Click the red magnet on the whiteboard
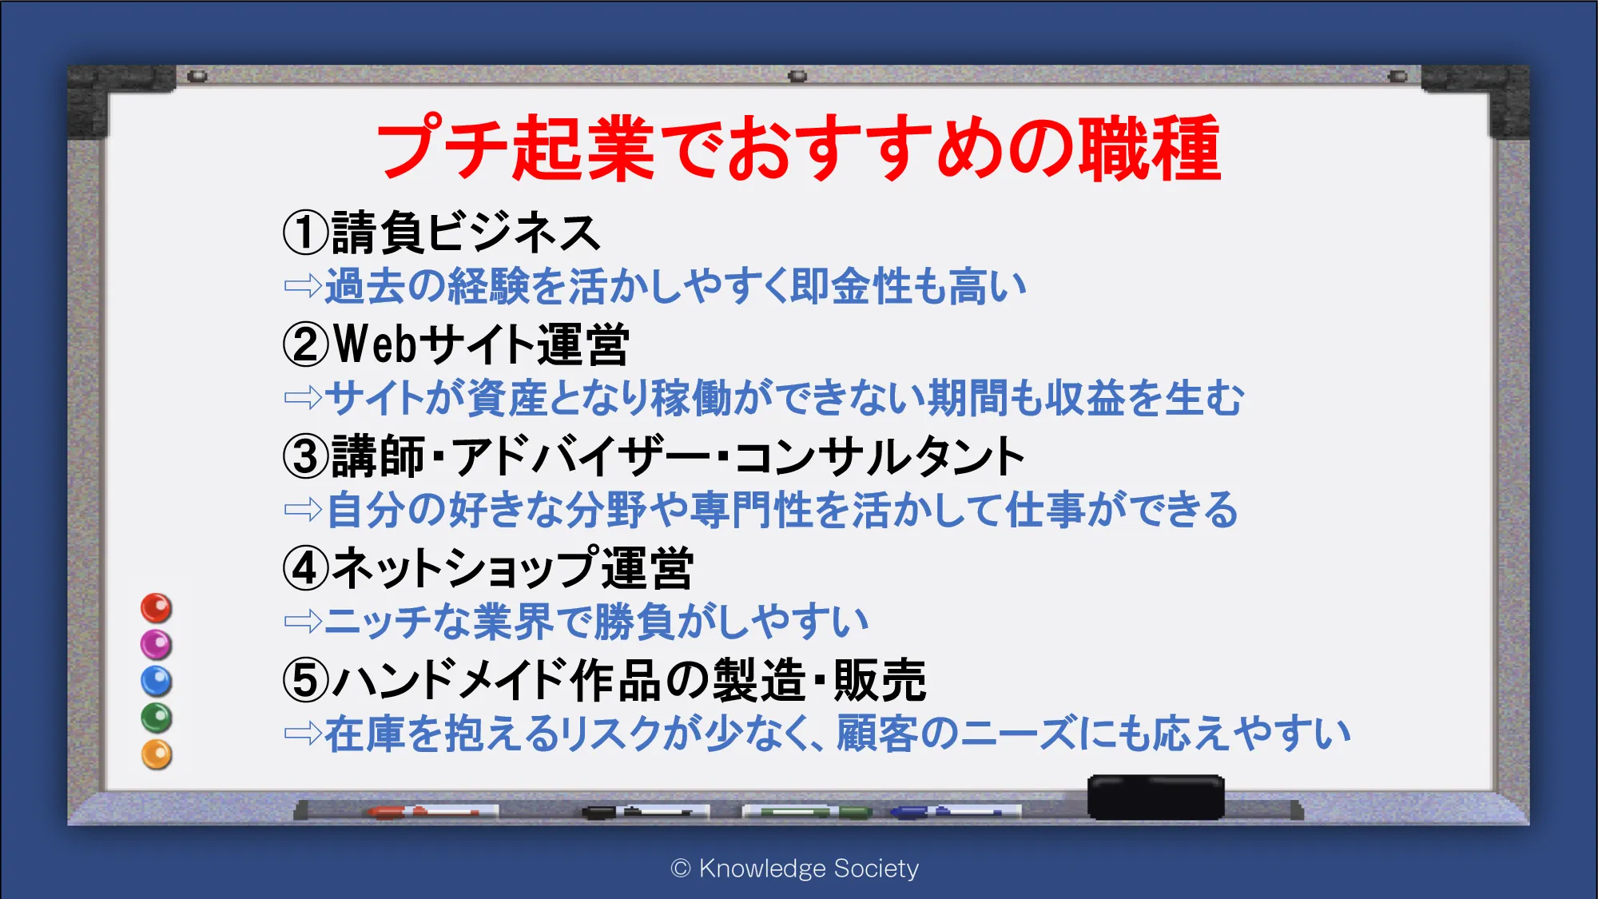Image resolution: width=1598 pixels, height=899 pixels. tap(157, 608)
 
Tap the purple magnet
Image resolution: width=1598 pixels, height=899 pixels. tap(157, 645)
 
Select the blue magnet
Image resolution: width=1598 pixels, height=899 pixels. tap(157, 682)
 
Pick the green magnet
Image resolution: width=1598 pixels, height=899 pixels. tap(157, 718)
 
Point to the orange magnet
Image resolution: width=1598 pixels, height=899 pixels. tap(157, 754)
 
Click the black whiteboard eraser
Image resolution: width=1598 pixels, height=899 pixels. tap(1155, 797)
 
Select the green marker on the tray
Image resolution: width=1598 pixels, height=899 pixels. tap(807, 812)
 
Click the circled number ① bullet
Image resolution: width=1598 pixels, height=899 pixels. tap(305, 233)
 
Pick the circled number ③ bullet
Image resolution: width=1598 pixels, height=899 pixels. tap(305, 456)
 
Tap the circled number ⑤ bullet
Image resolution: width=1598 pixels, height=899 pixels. tap(305, 680)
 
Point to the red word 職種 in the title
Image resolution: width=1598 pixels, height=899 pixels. tap(1151, 148)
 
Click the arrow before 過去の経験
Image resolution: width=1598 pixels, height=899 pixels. tap(303, 285)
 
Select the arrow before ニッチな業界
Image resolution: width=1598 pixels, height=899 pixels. tap(303, 621)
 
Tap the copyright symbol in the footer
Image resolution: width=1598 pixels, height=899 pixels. tap(681, 869)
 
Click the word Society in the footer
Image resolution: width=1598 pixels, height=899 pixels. tap(876, 869)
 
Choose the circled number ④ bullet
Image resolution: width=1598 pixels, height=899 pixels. tap(305, 568)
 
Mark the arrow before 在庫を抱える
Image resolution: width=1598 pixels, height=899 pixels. tap(303, 733)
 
